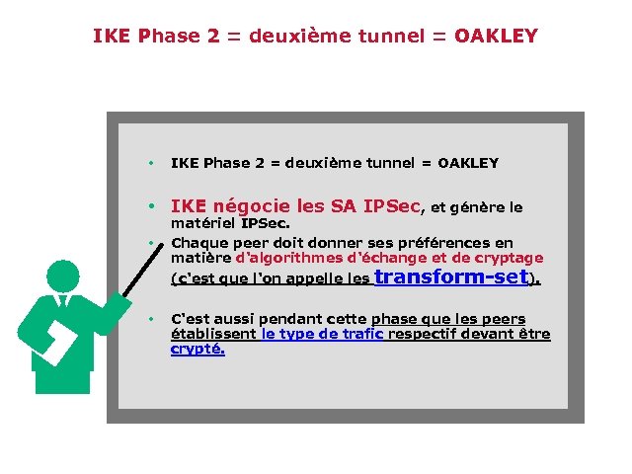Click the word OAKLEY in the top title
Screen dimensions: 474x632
[x=496, y=37]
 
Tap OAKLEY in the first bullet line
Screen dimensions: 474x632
[x=468, y=163]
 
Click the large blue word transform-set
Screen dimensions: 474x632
[x=454, y=277]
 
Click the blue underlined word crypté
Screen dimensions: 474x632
[x=197, y=349]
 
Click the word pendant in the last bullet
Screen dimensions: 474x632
[x=291, y=319]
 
